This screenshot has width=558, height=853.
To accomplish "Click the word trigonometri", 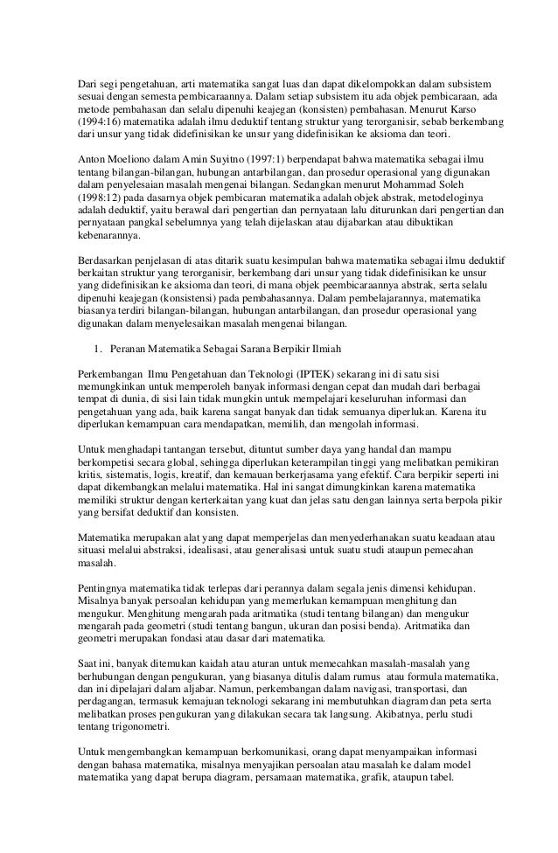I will [143, 728].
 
